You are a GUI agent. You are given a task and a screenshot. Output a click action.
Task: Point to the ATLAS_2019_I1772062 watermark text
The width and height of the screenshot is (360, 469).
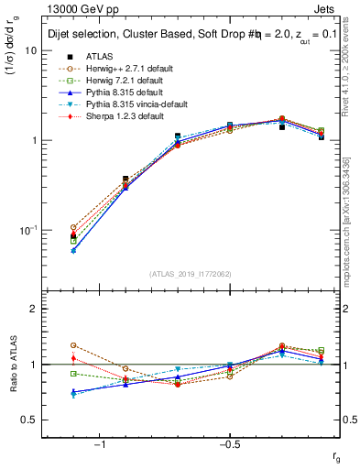[191, 273]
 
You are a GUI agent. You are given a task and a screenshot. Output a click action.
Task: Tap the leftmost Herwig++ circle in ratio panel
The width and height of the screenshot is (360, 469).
[73, 345]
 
